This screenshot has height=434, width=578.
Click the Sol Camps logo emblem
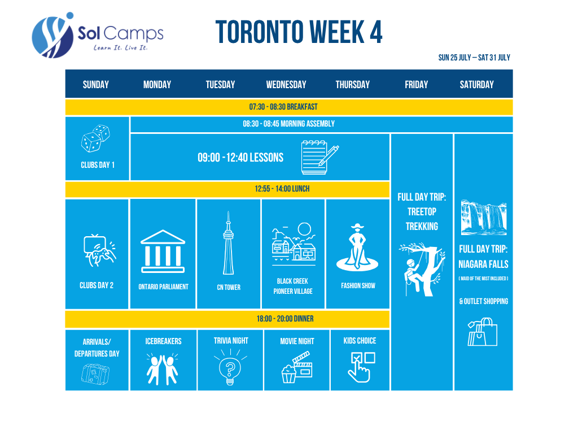(52, 36)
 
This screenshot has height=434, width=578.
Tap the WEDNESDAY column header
(286, 85)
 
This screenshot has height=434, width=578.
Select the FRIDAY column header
(416, 85)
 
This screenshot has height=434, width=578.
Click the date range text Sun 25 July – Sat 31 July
(474, 58)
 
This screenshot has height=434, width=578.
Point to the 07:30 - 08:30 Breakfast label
(283, 107)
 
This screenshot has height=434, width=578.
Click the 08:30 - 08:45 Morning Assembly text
(288, 124)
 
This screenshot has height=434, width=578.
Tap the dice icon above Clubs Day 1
(95, 138)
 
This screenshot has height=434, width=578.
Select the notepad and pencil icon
(319, 157)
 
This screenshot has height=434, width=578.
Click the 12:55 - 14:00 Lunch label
(282, 189)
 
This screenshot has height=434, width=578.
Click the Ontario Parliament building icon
(163, 251)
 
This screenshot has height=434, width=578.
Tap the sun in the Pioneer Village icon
(304, 229)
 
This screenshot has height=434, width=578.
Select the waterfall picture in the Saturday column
(484, 218)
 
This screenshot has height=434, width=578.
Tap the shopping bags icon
(482, 332)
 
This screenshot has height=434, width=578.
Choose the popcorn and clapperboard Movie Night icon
(297, 367)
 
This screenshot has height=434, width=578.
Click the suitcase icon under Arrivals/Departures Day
(95, 374)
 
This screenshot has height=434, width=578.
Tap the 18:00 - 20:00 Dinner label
(285, 319)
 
